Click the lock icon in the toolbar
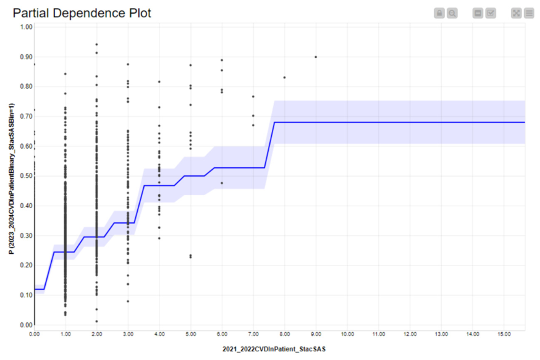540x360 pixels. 439,14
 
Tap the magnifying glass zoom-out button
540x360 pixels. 452,14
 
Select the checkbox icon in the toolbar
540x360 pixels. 491,14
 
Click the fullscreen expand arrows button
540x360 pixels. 517,14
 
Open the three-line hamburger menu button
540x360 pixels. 529,14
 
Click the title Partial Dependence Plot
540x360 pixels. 82,13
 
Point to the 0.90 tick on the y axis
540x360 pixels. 26,57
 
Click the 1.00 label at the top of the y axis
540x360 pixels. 26,27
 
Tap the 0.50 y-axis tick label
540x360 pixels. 26,176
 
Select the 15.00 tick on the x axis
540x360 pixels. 504,334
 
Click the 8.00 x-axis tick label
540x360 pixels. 284,334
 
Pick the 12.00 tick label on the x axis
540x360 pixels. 410,334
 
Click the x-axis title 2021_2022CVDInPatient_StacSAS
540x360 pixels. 274,349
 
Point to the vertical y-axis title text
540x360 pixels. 12,178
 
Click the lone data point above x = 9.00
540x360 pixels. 316,57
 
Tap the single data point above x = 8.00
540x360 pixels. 284,77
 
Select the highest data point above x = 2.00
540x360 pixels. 97,44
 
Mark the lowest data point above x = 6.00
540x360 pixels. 222,183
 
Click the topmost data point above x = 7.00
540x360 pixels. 253,97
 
